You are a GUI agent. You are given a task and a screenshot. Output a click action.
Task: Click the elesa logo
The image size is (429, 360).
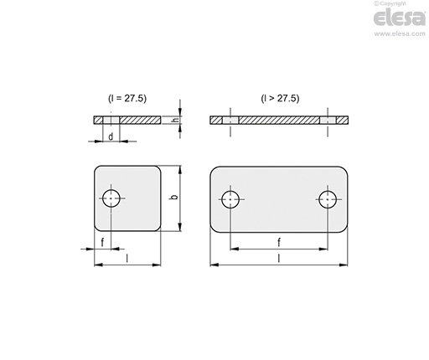coord(400,18)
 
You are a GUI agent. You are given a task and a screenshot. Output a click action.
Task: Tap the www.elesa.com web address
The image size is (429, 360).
coord(400,33)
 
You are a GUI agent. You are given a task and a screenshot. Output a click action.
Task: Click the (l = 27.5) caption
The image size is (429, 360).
coord(127,98)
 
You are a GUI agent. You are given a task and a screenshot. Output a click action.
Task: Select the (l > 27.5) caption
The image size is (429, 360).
coord(280,98)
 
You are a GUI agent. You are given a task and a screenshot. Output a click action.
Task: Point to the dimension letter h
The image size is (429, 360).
coord(175,120)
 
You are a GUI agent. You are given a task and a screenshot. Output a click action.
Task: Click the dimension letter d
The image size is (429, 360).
coord(111,136)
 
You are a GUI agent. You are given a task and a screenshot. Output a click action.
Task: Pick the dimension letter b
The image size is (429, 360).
coord(174,197)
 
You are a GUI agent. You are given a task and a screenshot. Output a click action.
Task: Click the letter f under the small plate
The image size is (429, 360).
coord(102,242)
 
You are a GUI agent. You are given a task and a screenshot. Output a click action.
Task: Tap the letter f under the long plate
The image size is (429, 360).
coord(279,242)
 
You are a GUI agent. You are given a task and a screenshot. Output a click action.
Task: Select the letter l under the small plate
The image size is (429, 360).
coord(127,259)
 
